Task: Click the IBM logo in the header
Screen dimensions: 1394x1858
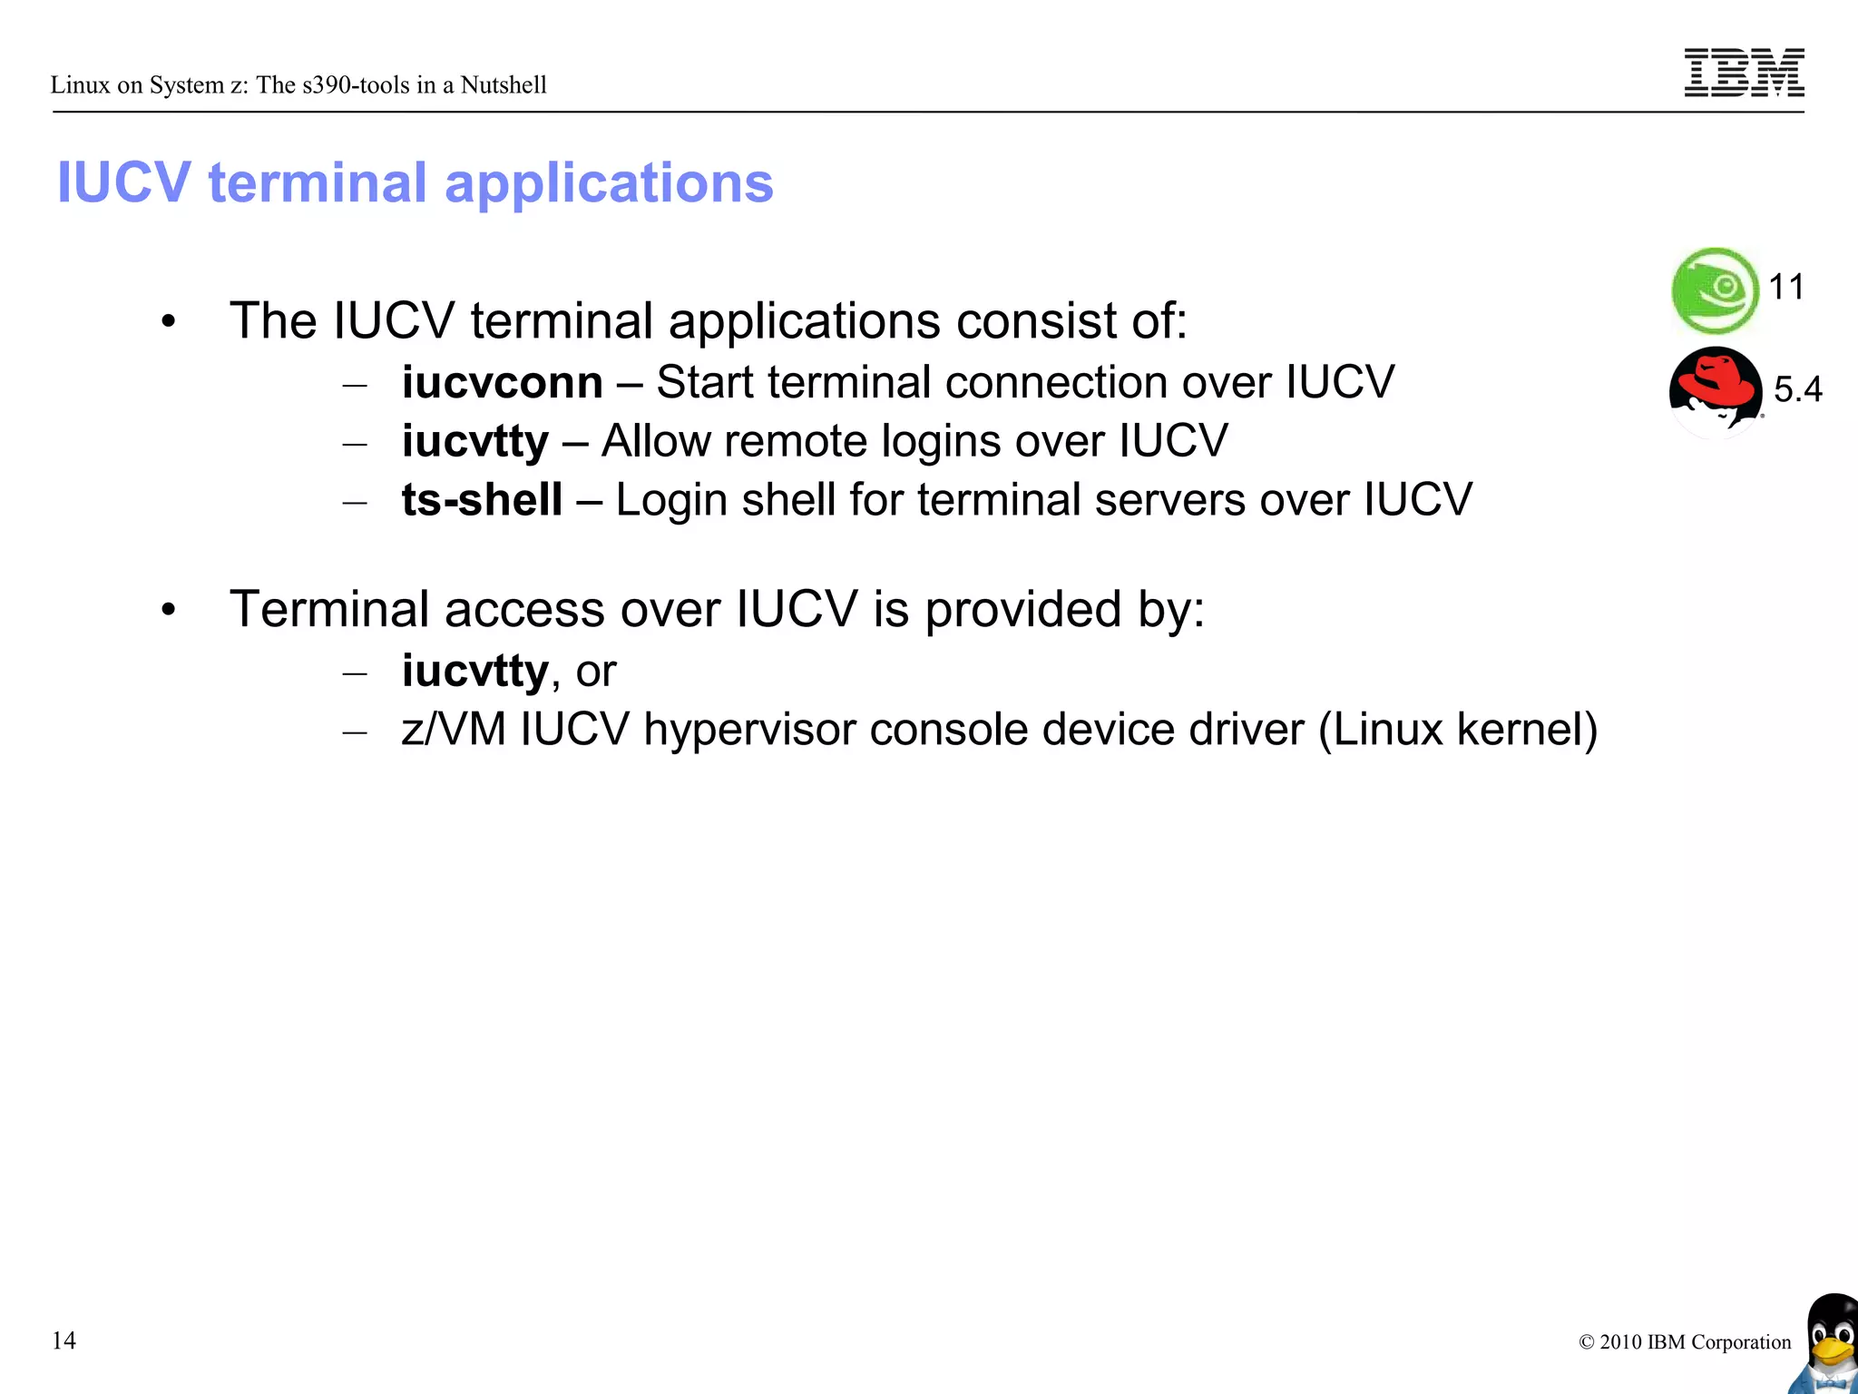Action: click(1744, 73)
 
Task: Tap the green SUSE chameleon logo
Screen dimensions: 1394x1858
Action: click(1716, 290)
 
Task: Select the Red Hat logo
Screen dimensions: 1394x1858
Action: click(1715, 390)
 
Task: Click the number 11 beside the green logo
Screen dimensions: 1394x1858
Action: click(1786, 288)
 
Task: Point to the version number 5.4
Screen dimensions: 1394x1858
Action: click(1797, 389)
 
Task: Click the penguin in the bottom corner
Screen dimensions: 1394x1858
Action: click(1829, 1343)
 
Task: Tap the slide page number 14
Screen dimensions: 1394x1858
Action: click(64, 1340)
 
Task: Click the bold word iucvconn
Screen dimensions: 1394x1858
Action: click(502, 382)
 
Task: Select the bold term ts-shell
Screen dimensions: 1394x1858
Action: click(482, 500)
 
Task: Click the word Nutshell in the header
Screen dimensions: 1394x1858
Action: click(504, 85)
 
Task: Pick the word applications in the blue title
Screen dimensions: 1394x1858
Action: click(609, 183)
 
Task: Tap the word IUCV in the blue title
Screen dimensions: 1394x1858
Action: click(124, 183)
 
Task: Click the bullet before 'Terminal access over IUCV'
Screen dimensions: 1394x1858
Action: click(168, 611)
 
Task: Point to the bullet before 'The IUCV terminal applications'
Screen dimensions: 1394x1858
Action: click(168, 322)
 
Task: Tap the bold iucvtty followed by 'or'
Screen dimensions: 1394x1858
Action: click(474, 672)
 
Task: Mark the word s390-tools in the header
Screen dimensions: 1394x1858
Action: click(357, 85)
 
